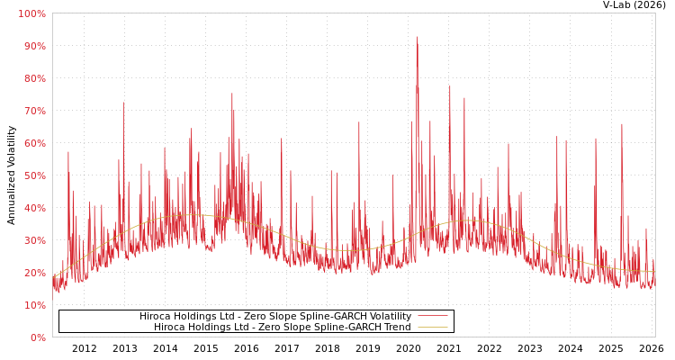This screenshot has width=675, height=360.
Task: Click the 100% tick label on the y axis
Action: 31,13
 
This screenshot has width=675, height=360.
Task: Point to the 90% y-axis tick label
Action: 33,46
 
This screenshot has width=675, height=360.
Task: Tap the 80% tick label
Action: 33,78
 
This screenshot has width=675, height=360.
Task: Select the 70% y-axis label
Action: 33,111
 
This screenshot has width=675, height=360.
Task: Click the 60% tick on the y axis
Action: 33,143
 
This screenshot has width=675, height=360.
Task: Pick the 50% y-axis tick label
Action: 33,175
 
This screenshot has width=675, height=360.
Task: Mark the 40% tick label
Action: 33,208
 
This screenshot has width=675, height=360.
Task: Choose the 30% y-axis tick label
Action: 33,240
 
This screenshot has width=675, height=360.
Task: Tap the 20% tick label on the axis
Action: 33,273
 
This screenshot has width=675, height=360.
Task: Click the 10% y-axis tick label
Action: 33,305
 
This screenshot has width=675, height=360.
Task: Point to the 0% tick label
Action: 37,337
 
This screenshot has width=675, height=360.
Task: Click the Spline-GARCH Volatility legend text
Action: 274,317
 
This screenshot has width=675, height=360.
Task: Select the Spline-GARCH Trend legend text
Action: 282,328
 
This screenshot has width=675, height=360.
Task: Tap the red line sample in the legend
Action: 432,317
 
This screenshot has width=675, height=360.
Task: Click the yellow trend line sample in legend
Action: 432,328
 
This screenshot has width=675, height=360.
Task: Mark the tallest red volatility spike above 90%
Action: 417,39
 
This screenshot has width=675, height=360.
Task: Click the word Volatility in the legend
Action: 388,317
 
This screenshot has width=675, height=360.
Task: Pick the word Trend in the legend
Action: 395,328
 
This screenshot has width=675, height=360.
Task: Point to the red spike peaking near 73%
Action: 123,103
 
